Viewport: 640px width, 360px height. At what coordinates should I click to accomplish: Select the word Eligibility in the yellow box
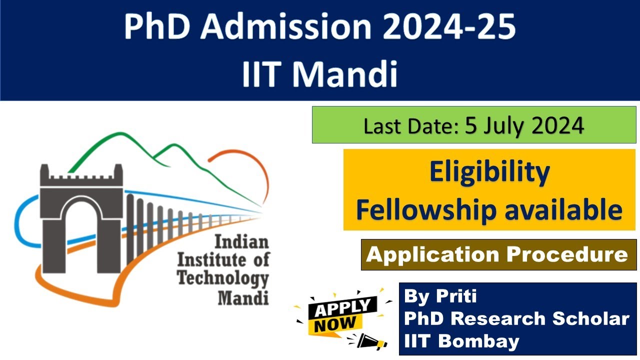click(x=489, y=172)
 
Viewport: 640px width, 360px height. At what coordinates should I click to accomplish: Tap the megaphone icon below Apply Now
click(x=372, y=342)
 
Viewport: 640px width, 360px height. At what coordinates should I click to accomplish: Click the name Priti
click(x=457, y=296)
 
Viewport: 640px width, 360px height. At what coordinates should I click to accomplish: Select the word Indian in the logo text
click(x=241, y=242)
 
